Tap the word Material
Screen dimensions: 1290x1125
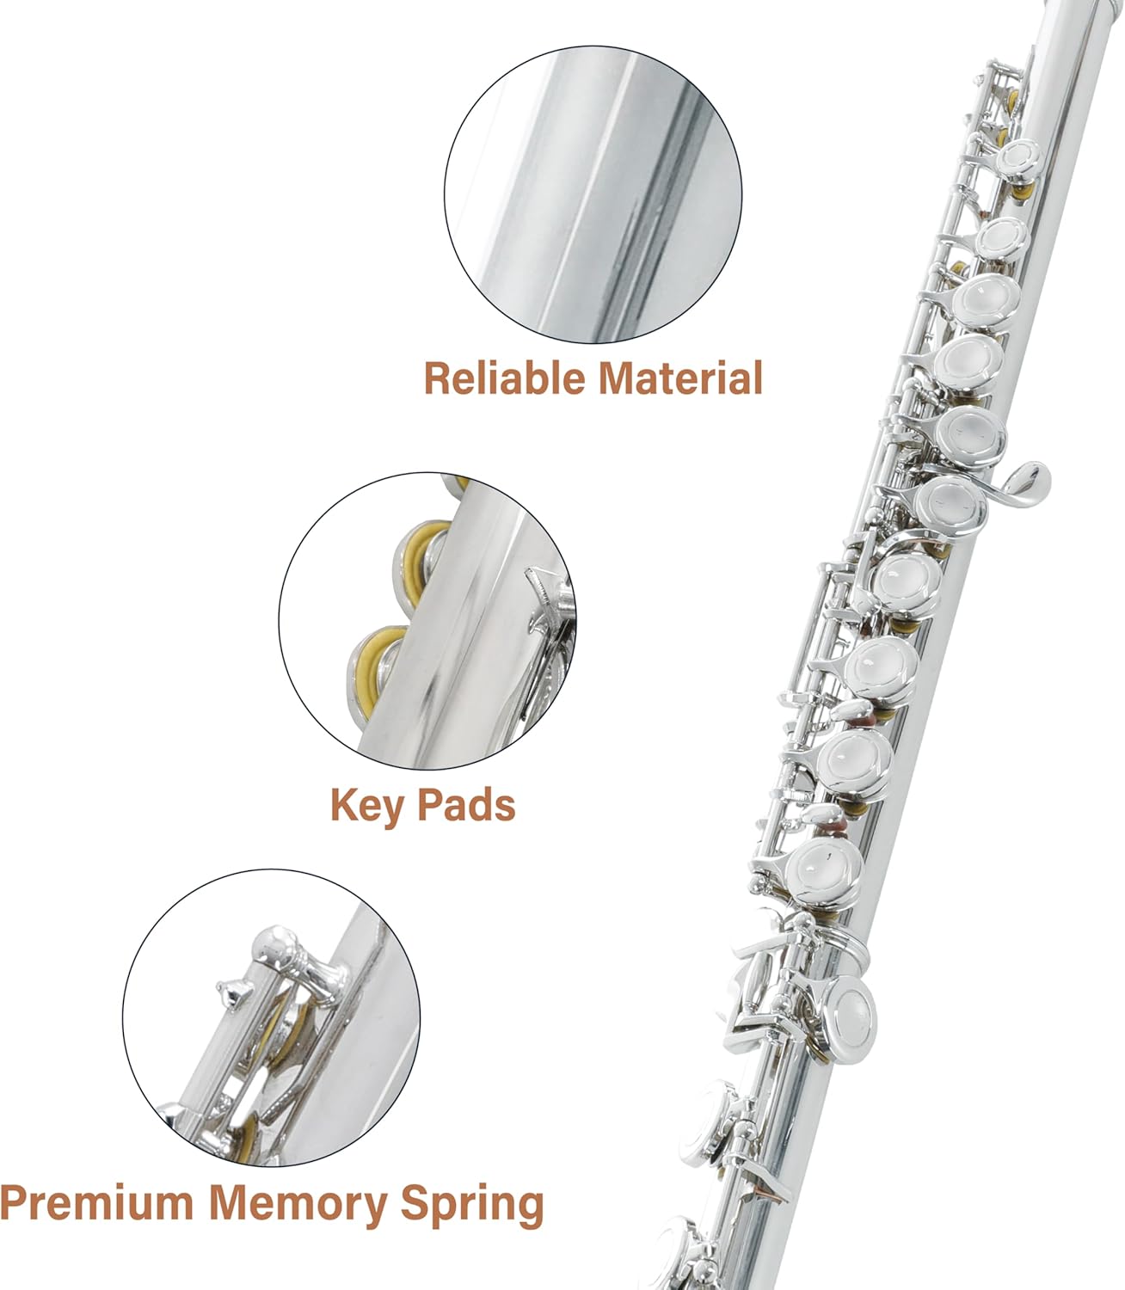(x=680, y=378)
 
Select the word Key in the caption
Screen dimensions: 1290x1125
(x=367, y=806)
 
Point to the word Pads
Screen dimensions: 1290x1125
(x=466, y=806)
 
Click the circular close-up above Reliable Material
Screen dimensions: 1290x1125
(x=593, y=195)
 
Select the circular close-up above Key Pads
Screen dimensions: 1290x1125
(x=427, y=621)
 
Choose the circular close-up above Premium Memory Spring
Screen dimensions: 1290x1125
(x=271, y=1018)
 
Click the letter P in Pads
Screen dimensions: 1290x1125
(x=429, y=806)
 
